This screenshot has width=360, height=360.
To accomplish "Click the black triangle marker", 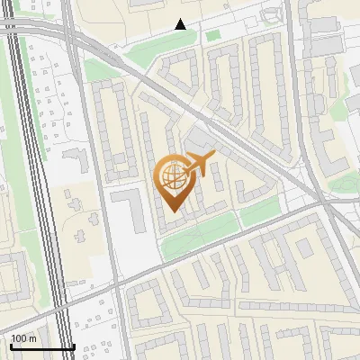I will pos(181,24).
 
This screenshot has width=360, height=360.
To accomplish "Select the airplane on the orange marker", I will pos(199,165).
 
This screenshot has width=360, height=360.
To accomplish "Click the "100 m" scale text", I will pos(24,338).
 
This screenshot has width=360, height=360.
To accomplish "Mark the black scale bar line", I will pos(42,347).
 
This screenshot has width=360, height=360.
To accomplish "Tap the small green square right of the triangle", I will pos(212,36).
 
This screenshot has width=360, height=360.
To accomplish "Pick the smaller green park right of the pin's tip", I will pos(260,212).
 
